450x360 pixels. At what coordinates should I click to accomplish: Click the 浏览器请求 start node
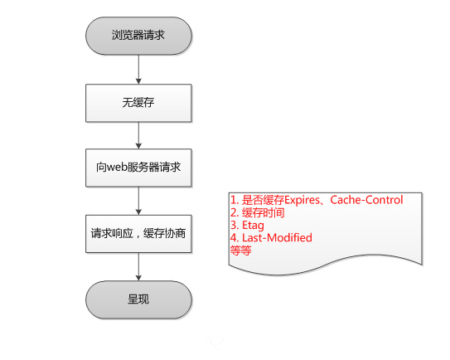coord(138,36)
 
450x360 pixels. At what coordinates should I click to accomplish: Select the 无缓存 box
coord(138,103)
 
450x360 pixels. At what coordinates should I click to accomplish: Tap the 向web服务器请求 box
coord(138,168)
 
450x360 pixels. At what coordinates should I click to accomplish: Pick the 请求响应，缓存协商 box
coord(138,234)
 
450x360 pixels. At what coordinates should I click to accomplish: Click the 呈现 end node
coord(138,299)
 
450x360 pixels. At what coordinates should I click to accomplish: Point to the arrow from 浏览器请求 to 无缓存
coord(138,69)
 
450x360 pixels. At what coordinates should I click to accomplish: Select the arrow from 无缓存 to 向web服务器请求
coord(138,135)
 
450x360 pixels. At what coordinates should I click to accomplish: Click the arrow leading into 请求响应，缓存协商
coord(138,201)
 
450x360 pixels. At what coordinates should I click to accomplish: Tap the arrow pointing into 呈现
coord(138,266)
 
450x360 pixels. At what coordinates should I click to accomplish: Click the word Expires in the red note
coord(302,200)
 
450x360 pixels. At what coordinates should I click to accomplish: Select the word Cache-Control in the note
coord(366,200)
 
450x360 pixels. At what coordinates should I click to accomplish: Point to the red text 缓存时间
coord(264,212)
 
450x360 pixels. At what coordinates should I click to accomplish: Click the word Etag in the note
coord(253,226)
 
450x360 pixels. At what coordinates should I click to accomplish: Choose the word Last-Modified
coord(277,237)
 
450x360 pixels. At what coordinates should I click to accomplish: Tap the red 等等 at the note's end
coord(241,251)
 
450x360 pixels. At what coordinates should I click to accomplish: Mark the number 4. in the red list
coord(235,238)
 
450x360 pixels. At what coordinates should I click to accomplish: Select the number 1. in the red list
coord(235,200)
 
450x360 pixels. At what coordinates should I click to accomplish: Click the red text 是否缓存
coord(263,200)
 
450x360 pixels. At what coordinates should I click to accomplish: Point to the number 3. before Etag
coord(235,226)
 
